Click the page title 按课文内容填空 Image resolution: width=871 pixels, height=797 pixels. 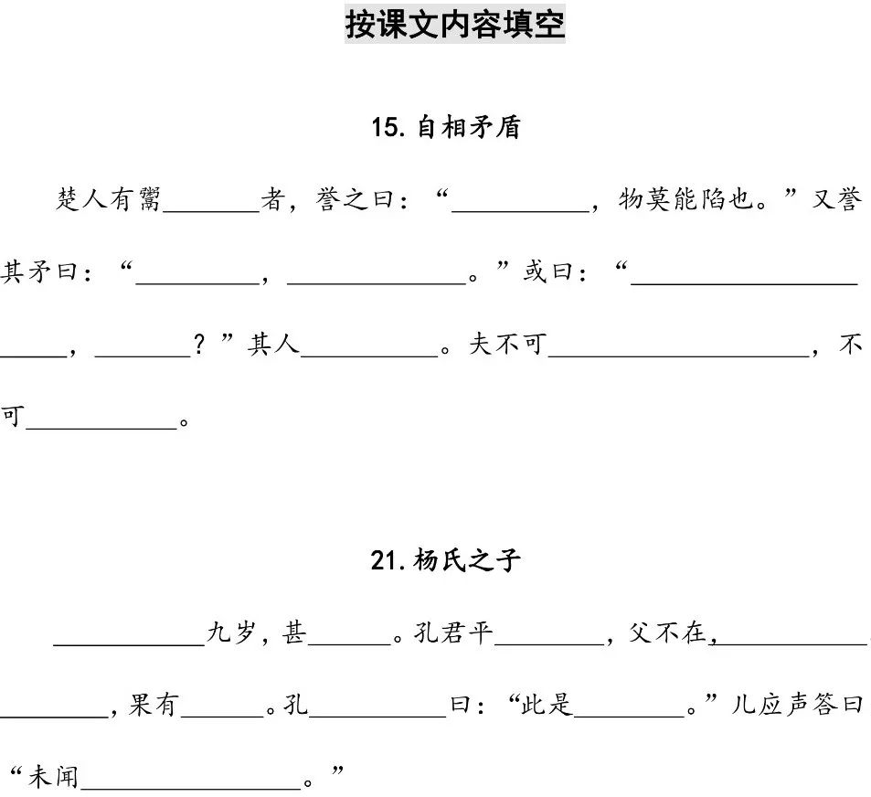click(x=454, y=25)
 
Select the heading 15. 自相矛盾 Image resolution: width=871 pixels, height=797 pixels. click(x=445, y=127)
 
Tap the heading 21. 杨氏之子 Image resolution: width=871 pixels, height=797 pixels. click(x=445, y=559)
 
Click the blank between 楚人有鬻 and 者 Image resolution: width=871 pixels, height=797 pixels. click(x=212, y=203)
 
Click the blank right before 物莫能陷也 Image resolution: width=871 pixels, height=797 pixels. click(x=521, y=203)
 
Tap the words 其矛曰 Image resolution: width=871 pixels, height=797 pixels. click(x=38, y=272)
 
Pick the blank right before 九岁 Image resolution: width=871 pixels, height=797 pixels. click(x=129, y=637)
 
